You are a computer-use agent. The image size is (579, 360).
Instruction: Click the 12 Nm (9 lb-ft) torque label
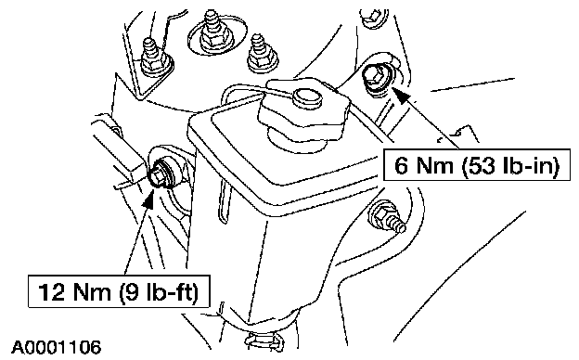[x=119, y=291]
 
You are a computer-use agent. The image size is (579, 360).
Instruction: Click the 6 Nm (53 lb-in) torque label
[x=477, y=164]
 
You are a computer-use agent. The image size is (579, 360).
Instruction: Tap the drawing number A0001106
[x=56, y=347]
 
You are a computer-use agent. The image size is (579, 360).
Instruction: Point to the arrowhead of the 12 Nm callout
[x=148, y=201]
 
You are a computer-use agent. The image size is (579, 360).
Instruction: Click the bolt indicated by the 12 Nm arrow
[x=161, y=174]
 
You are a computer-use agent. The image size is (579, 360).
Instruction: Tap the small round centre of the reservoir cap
[x=307, y=97]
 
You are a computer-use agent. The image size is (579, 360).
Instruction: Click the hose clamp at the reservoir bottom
[x=264, y=340]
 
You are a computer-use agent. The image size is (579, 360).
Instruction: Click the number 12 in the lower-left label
[x=52, y=291]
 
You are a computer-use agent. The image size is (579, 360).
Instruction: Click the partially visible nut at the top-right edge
[x=372, y=18]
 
